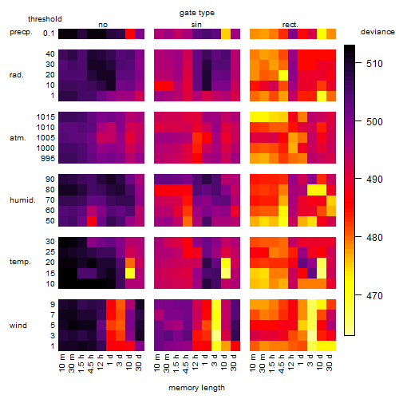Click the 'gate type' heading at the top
point(197,13)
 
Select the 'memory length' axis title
point(196,388)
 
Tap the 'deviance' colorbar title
point(377,32)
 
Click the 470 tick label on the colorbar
point(374,295)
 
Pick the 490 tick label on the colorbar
point(374,180)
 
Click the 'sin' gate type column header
point(196,25)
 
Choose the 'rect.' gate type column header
point(290,25)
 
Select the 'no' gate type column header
point(103,25)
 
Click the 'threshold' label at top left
point(45,19)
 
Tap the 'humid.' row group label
point(22,199)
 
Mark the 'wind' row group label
point(18,326)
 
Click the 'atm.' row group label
point(18,138)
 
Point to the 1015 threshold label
point(45,117)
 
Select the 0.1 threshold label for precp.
point(49,34)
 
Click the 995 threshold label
point(48,159)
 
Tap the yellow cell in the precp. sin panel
point(226,34)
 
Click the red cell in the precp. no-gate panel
point(130,34)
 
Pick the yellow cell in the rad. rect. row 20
point(283,75)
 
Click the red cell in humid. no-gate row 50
point(92,221)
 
